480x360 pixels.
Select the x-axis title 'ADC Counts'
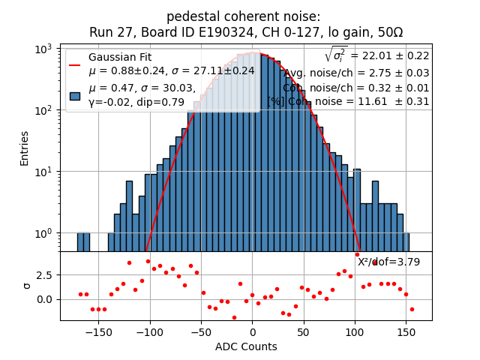pos(246,346)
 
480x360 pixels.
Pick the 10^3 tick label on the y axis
pos(46,49)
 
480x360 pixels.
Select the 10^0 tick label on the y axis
pos(46,233)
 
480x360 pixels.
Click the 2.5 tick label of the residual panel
pos(45,275)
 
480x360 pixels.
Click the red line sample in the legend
pos(75,64)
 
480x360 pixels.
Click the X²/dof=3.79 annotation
pos(388,262)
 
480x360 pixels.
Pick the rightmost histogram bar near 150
pos(406,233)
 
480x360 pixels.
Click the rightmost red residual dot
pos(412,309)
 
